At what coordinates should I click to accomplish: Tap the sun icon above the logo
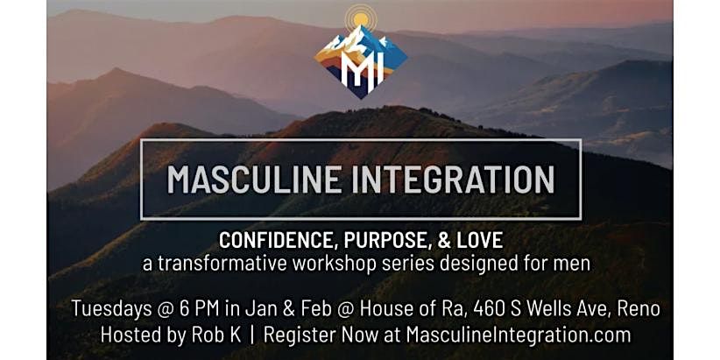[x=360, y=19]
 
